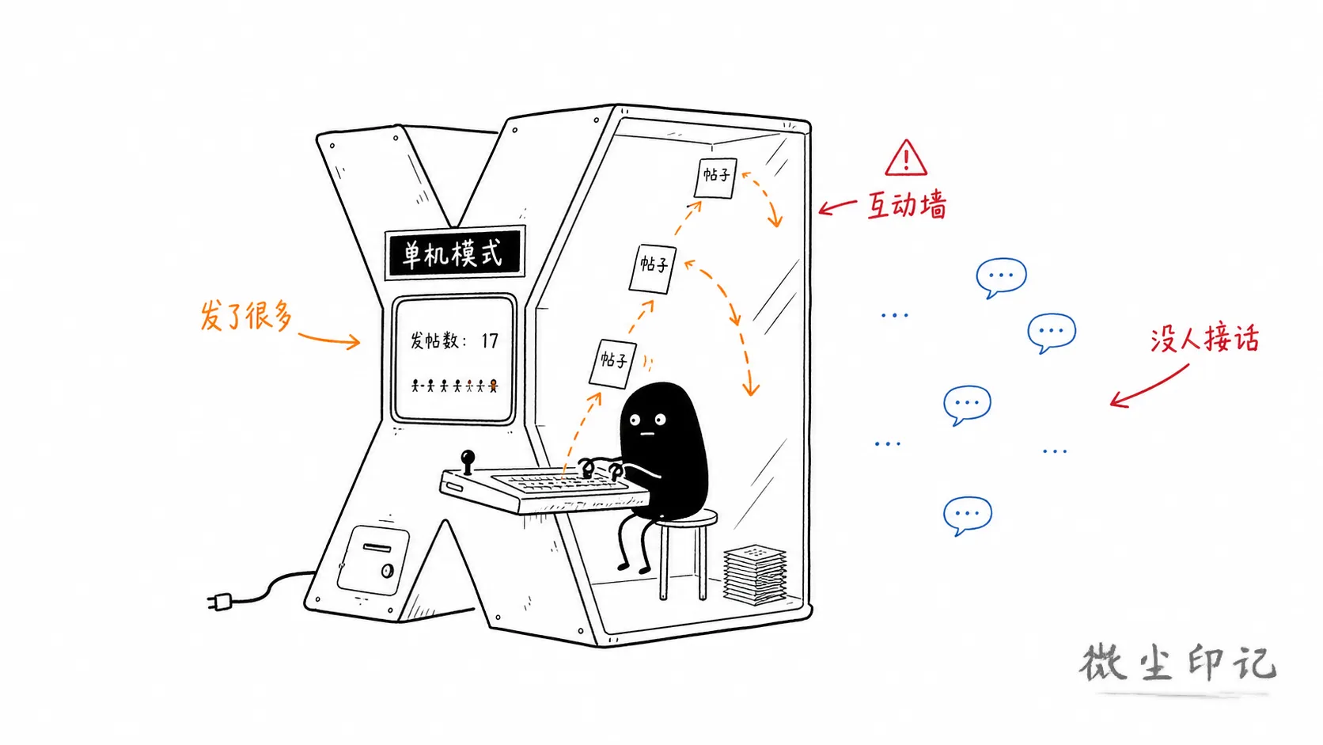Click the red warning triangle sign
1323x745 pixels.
click(905, 159)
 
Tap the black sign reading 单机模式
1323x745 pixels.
click(453, 253)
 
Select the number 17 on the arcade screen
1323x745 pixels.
click(490, 341)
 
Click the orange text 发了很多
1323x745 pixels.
click(246, 316)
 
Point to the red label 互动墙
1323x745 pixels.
click(907, 205)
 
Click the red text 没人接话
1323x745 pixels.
click(1204, 339)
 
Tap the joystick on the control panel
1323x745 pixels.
click(467, 462)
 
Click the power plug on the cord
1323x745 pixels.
click(220, 602)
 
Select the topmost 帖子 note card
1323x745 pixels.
click(715, 178)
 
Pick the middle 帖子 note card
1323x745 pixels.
click(653, 268)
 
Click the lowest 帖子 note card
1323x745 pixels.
click(613, 363)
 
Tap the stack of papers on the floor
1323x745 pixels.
click(755, 574)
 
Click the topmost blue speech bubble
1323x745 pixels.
click(1001, 277)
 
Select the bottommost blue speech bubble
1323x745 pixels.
click(967, 515)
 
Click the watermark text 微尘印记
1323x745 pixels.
click(1177, 663)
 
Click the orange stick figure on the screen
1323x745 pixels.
click(493, 386)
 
